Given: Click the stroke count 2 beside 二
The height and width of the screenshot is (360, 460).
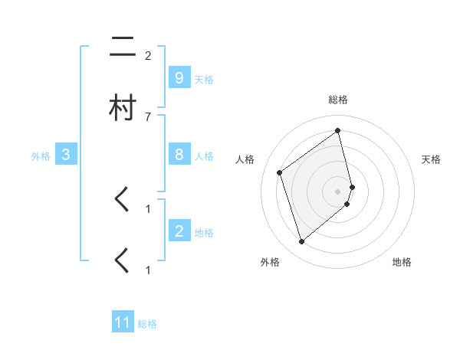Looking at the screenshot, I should click(x=148, y=56).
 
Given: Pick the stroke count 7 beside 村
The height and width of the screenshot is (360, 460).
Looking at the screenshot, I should click(x=148, y=116).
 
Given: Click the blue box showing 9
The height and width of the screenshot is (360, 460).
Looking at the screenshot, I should click(x=179, y=78).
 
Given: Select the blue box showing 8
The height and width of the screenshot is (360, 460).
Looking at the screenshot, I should click(x=179, y=155).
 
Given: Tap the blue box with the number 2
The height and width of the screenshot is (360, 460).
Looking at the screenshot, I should click(x=179, y=231).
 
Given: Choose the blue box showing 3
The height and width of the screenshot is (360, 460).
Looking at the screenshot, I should click(x=66, y=155).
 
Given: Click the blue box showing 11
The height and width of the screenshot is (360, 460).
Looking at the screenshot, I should click(x=123, y=322).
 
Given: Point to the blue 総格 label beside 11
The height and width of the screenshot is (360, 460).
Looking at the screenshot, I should click(x=147, y=324).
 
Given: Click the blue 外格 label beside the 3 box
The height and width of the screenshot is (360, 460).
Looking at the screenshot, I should click(x=41, y=156).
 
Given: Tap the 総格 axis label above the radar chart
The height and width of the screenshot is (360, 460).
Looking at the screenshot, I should click(x=338, y=100).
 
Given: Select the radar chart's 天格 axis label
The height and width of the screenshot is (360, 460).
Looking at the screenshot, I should click(x=432, y=159).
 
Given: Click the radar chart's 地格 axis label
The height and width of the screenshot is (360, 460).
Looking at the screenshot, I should click(x=402, y=262).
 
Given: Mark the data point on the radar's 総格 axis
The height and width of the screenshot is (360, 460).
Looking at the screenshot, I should click(x=338, y=130).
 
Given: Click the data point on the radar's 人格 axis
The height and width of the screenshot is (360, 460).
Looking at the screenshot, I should click(x=280, y=172).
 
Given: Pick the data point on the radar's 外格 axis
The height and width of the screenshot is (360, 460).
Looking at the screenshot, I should click(x=301, y=242).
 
